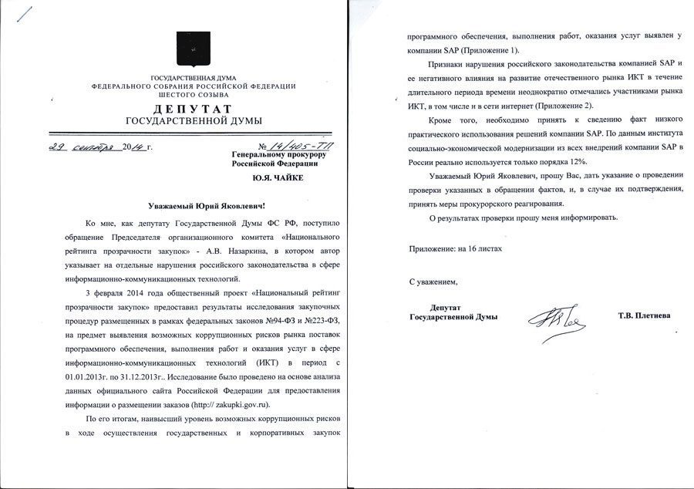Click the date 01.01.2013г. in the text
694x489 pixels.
(96, 376)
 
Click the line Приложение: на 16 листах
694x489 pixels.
(455, 248)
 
